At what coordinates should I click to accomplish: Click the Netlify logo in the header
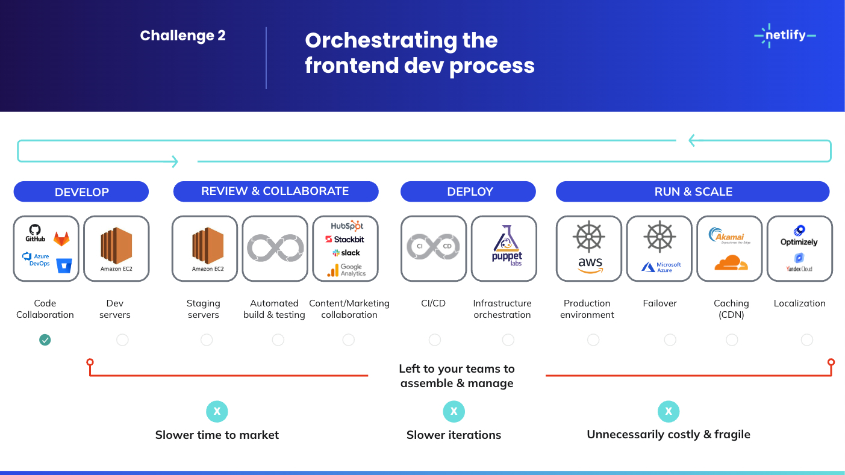click(x=785, y=36)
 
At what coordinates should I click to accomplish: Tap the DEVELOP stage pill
click(x=81, y=191)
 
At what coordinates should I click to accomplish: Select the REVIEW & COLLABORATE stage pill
click(x=275, y=191)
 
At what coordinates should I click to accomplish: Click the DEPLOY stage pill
click(x=469, y=191)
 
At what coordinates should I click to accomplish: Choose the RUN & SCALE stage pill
click(x=693, y=191)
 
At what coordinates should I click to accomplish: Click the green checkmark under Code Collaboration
click(x=45, y=340)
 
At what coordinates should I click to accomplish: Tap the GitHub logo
click(x=36, y=232)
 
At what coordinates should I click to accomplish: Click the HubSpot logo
click(x=347, y=226)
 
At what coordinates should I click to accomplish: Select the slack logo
click(x=346, y=253)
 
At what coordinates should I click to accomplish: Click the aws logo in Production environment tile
click(x=590, y=264)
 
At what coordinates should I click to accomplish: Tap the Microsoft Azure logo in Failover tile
click(x=661, y=267)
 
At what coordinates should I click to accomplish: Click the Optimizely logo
click(x=799, y=237)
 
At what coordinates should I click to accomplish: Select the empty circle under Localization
click(x=807, y=340)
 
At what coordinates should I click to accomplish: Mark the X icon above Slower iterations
click(x=454, y=412)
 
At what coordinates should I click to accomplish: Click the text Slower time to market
click(x=217, y=435)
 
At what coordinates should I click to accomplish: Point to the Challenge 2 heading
click(x=182, y=36)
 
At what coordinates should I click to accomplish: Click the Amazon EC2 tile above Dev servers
click(x=116, y=249)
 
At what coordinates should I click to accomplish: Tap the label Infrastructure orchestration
click(x=502, y=309)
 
